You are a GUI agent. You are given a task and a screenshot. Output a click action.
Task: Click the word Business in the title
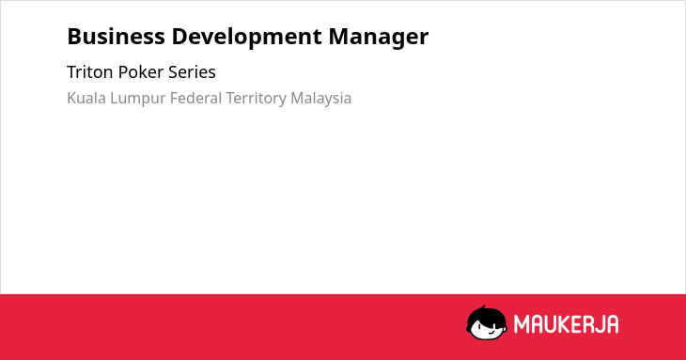[116, 37]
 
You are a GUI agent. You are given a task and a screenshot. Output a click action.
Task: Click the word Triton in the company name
[89, 72]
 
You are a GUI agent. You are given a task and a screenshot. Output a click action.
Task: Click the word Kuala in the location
[86, 98]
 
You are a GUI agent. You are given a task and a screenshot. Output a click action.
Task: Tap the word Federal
[195, 98]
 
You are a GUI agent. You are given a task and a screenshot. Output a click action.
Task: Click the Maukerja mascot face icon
[487, 323]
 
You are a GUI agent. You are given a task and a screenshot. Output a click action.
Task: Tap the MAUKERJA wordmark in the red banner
[566, 324]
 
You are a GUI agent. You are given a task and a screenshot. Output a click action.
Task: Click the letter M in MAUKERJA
[522, 324]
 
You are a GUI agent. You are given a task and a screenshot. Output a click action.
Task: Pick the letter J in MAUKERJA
[600, 324]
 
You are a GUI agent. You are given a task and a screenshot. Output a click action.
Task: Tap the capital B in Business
[74, 37]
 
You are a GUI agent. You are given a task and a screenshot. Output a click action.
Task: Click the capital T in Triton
[72, 72]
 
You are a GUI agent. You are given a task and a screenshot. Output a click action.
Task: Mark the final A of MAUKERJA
[613, 324]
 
